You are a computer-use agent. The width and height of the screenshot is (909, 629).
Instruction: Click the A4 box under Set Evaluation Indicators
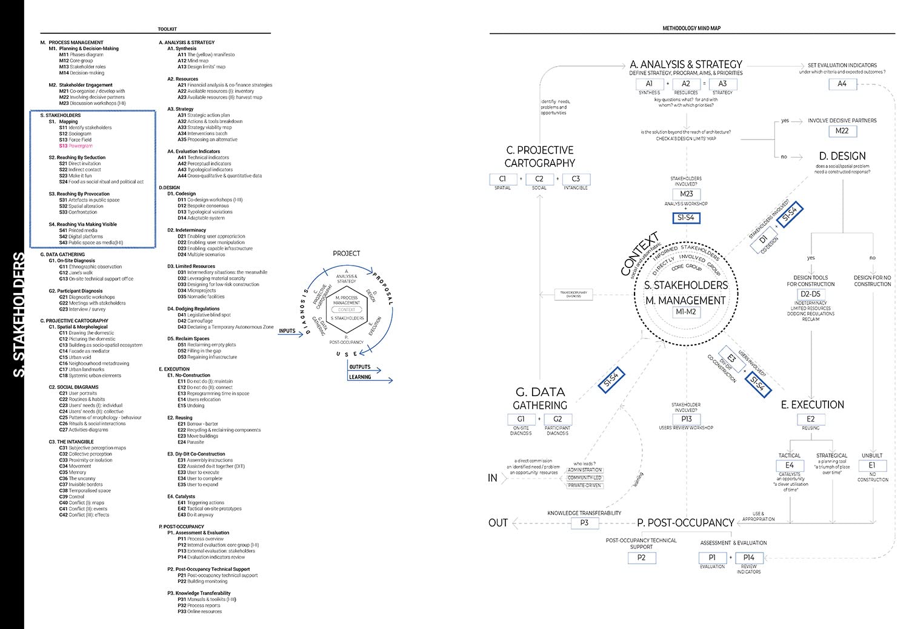point(842,84)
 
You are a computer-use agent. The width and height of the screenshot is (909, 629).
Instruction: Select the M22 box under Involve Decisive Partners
point(842,130)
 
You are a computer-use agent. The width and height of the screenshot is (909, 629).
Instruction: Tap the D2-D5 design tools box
point(810,294)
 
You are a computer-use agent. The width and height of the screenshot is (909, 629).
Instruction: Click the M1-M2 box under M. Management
point(686,312)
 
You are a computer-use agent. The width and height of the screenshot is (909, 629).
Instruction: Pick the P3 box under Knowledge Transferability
point(584,522)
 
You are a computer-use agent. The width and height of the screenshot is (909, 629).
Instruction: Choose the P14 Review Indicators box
point(749,557)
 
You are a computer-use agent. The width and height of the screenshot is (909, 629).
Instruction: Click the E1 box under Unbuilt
point(872,465)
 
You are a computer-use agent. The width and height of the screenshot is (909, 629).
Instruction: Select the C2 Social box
point(539,179)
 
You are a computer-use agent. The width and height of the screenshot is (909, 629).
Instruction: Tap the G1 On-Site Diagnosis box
point(521,419)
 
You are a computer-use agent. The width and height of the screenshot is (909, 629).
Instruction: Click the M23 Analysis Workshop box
point(686,194)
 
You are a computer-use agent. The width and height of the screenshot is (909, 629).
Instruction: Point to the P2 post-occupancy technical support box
point(641,557)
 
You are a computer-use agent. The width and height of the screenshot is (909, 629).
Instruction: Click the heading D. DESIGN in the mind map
point(842,156)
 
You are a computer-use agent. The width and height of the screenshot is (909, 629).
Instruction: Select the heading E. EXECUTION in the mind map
point(812,405)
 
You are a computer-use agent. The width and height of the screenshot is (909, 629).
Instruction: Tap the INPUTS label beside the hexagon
point(287,331)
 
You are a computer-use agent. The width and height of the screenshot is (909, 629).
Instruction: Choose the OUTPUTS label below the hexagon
point(359,367)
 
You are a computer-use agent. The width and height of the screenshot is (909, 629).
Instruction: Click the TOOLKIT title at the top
point(167,29)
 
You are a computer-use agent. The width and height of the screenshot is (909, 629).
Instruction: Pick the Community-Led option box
point(585,478)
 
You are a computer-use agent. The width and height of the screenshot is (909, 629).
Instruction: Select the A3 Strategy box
point(722,84)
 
